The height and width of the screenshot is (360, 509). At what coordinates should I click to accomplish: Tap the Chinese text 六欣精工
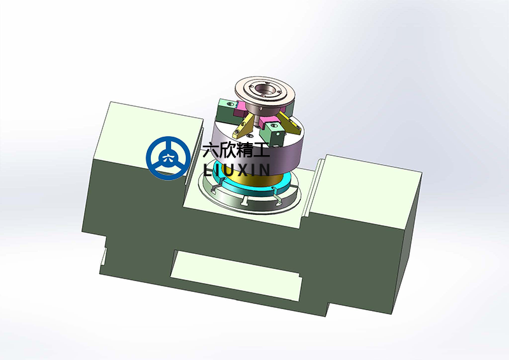(x=235, y=151)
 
